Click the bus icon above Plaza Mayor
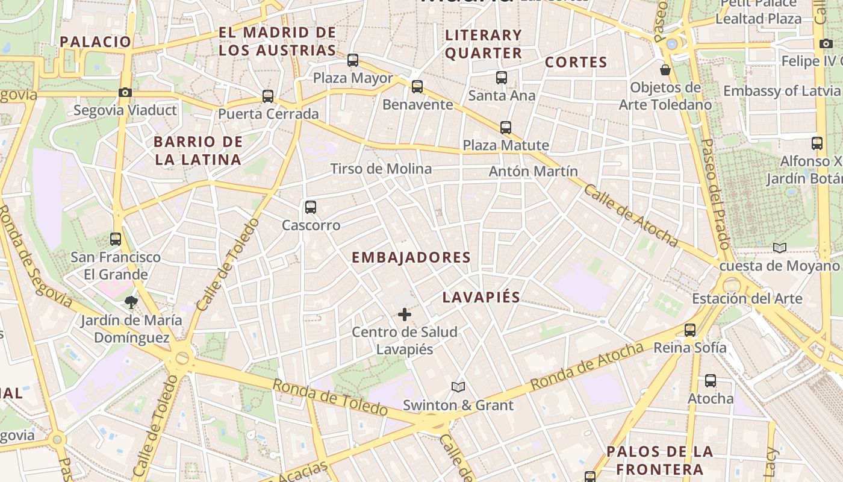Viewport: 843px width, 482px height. point(353,60)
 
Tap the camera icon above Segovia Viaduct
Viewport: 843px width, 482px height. point(125,92)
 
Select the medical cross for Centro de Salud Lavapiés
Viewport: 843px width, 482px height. point(405,315)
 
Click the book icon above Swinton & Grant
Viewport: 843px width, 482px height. point(458,387)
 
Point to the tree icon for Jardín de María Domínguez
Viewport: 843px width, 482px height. point(131,302)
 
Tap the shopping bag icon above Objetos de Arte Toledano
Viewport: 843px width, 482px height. point(665,70)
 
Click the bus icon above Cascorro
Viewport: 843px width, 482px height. point(311,207)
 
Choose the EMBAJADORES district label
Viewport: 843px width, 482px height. point(411,258)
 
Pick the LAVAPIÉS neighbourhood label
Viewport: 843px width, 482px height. point(481,298)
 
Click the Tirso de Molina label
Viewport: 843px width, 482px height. point(381,169)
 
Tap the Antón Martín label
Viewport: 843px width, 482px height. point(533,171)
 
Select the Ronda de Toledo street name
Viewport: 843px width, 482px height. point(330,397)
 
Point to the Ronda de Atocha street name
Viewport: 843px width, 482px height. point(587,365)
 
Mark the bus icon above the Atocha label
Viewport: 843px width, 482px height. point(711,381)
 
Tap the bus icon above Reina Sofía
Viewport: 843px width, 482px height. point(690,330)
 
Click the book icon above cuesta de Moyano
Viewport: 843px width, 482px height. point(780,248)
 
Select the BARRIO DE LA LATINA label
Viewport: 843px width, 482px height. point(198,151)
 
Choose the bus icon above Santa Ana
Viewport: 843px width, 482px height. point(502,77)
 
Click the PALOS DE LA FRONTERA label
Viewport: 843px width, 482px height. point(659,460)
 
